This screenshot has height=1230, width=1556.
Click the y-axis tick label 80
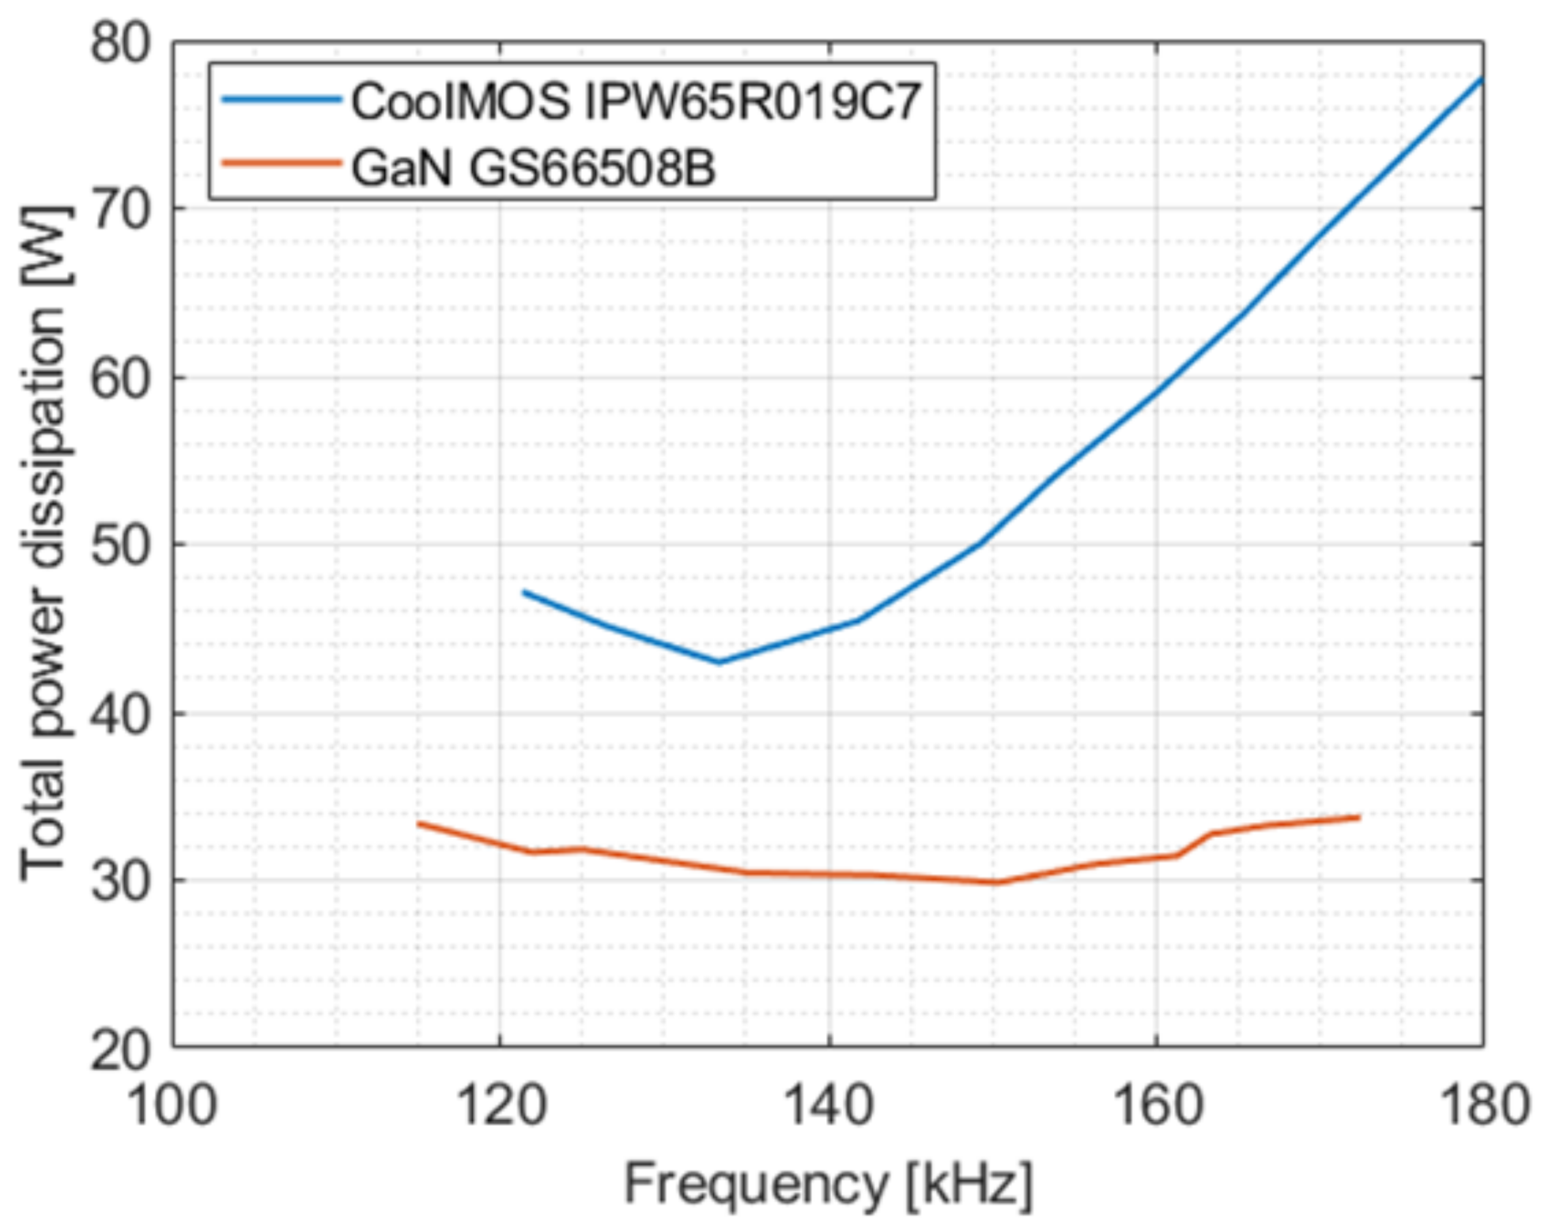tap(119, 43)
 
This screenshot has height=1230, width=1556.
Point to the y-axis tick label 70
tap(119, 210)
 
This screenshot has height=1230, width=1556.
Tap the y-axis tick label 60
tap(119, 379)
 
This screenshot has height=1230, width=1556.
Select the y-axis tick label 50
tap(119, 546)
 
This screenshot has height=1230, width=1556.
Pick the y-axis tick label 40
tap(119, 715)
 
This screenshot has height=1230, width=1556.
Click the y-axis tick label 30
tap(119, 881)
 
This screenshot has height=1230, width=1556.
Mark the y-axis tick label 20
tap(119, 1049)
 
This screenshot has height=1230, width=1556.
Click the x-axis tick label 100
tap(171, 1104)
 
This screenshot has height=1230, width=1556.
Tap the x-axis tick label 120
tap(501, 1104)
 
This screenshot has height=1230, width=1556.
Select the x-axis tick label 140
tap(829, 1104)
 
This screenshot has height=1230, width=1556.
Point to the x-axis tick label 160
tap(1158, 1104)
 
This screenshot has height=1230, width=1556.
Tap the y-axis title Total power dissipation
tap(43, 544)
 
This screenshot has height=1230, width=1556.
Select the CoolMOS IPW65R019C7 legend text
tap(636, 101)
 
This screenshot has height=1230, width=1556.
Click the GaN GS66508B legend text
tap(533, 168)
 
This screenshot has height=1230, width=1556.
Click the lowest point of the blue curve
tap(719, 662)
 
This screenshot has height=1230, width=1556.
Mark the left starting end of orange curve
tap(418, 824)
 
